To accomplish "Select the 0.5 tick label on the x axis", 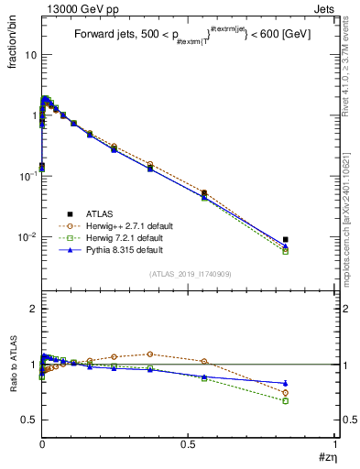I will pyautogui.click(x=189, y=442).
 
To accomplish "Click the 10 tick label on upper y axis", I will pyautogui.click(x=27, y=55).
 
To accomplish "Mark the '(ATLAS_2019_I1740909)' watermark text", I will pyautogui.click(x=189, y=273).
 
